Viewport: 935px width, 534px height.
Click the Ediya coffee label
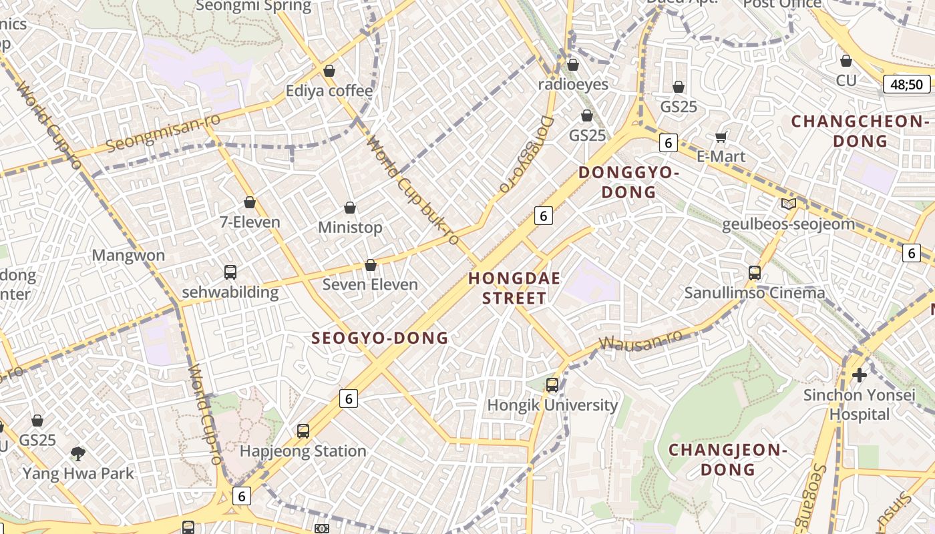tap(329, 91)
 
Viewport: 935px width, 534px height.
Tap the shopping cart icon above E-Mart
tap(721, 137)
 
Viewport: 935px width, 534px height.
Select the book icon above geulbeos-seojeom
tap(788, 204)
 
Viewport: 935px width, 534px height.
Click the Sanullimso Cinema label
tap(754, 292)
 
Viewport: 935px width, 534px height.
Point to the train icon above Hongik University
tap(552, 384)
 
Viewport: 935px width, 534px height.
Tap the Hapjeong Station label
tap(303, 451)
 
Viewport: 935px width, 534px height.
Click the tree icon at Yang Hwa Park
tap(78, 454)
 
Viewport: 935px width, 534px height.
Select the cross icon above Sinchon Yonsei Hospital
tap(859, 374)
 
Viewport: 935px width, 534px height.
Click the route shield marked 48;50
tap(906, 84)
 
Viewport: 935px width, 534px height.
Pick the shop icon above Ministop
tap(349, 208)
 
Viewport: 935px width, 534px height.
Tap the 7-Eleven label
tap(250, 222)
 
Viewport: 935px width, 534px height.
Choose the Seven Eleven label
tap(370, 284)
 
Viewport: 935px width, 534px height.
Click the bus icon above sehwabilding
tap(230, 272)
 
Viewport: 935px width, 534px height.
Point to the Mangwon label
tap(128, 255)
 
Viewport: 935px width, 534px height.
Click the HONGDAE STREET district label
tap(514, 288)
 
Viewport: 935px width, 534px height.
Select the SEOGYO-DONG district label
tap(379, 338)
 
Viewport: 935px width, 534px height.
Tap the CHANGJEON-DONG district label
tap(728, 459)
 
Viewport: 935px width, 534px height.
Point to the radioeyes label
tap(573, 84)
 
